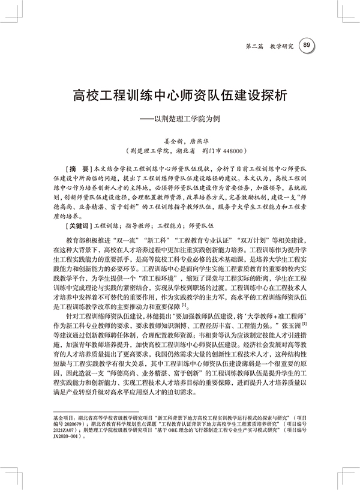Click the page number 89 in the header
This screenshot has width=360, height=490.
(x=307, y=45)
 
